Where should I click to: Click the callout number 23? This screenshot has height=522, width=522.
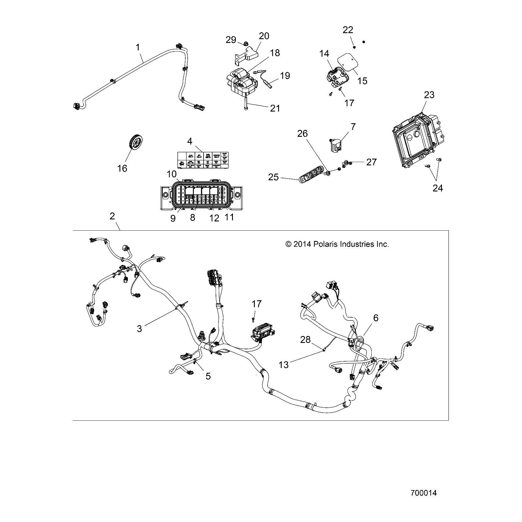[429, 95]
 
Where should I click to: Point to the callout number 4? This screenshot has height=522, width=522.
[189, 141]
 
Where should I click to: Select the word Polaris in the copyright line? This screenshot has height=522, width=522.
[326, 244]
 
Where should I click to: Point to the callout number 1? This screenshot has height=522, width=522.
[138, 47]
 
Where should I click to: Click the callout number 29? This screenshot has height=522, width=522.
[231, 40]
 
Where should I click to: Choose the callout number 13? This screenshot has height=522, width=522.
[283, 365]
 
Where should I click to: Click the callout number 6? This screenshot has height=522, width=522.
[375, 318]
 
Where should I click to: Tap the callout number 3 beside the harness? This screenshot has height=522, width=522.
[139, 329]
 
